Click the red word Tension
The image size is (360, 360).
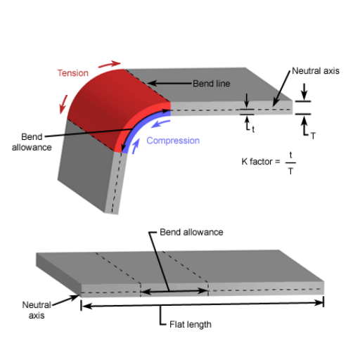(x=73, y=73)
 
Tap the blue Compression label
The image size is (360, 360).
(x=173, y=141)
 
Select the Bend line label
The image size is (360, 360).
(x=212, y=84)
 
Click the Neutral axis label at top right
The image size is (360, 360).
(x=316, y=71)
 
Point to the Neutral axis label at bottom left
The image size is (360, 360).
(x=37, y=310)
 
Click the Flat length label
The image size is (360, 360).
(x=191, y=325)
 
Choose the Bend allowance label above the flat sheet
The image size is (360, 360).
(x=191, y=232)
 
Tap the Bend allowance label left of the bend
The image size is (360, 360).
(x=32, y=142)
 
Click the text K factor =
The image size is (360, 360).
(x=261, y=162)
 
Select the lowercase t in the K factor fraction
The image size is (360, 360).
(x=290, y=155)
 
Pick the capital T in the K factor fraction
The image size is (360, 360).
(x=290, y=172)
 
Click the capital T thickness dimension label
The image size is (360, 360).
(x=313, y=136)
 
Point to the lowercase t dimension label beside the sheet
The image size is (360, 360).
(x=253, y=129)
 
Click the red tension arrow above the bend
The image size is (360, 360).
(x=110, y=64)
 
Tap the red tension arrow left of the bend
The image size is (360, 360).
(x=63, y=105)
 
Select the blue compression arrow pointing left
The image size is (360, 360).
(x=160, y=124)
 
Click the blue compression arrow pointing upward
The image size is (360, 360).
(x=136, y=146)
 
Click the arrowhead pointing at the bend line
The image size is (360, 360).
(x=151, y=83)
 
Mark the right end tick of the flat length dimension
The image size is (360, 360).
(x=323, y=302)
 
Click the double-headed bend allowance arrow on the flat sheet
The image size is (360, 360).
(x=174, y=292)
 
